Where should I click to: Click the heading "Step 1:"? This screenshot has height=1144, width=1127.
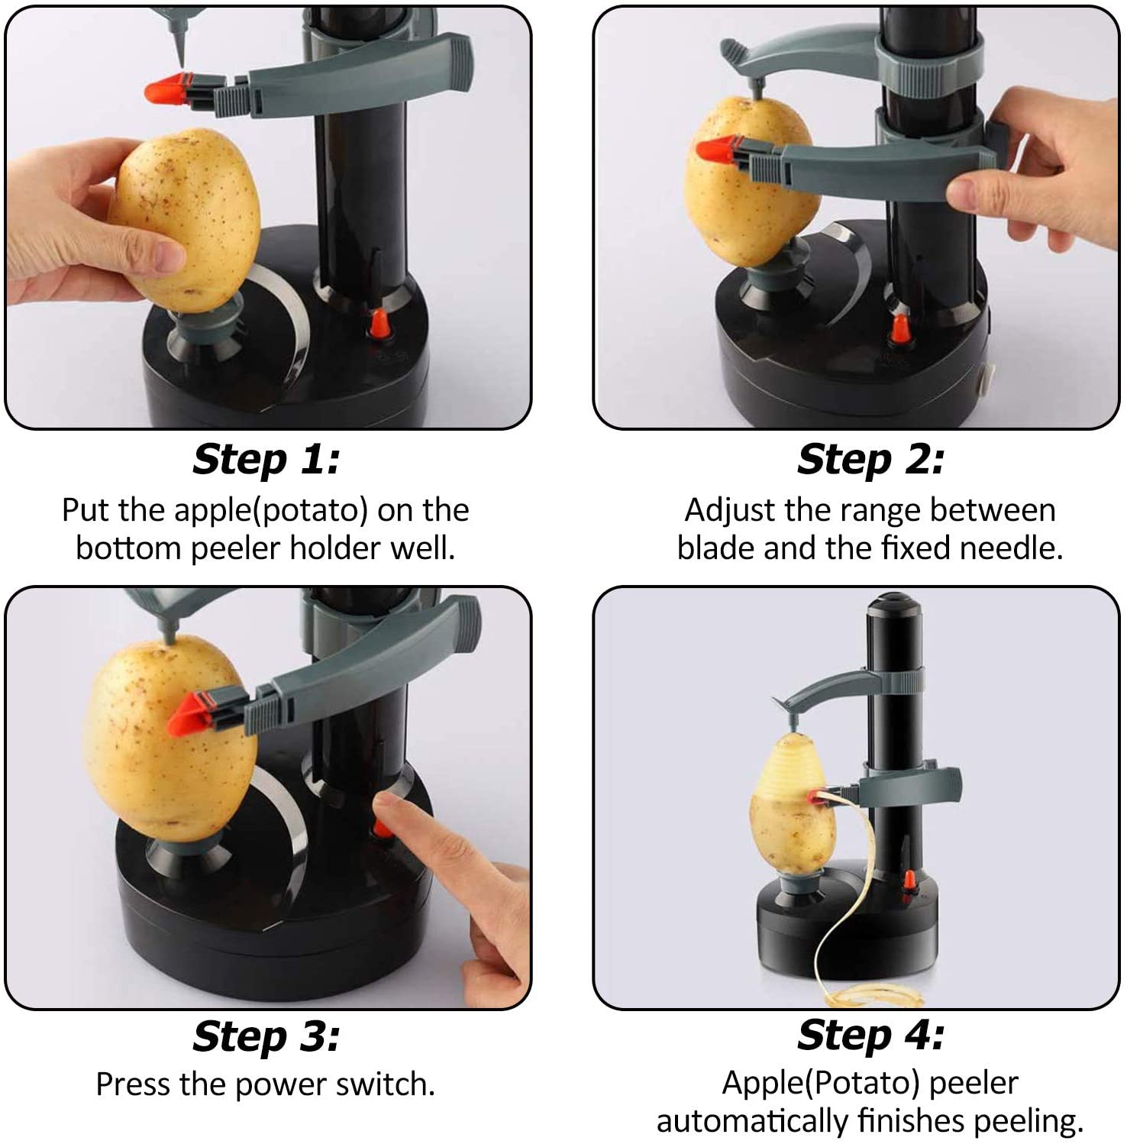point(266,460)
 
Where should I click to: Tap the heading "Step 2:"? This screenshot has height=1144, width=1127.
point(870,460)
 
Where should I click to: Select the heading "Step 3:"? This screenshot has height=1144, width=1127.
point(266,1036)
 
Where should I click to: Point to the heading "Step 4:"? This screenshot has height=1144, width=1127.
point(870,1036)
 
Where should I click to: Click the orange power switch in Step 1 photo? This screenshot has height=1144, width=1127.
point(377,324)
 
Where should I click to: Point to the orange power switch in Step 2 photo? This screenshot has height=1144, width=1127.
point(900,328)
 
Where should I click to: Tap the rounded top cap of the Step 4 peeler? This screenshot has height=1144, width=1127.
point(894,603)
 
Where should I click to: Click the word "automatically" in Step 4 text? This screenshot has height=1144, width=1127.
point(752,1121)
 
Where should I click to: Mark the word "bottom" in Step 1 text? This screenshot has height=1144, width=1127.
point(130,548)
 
